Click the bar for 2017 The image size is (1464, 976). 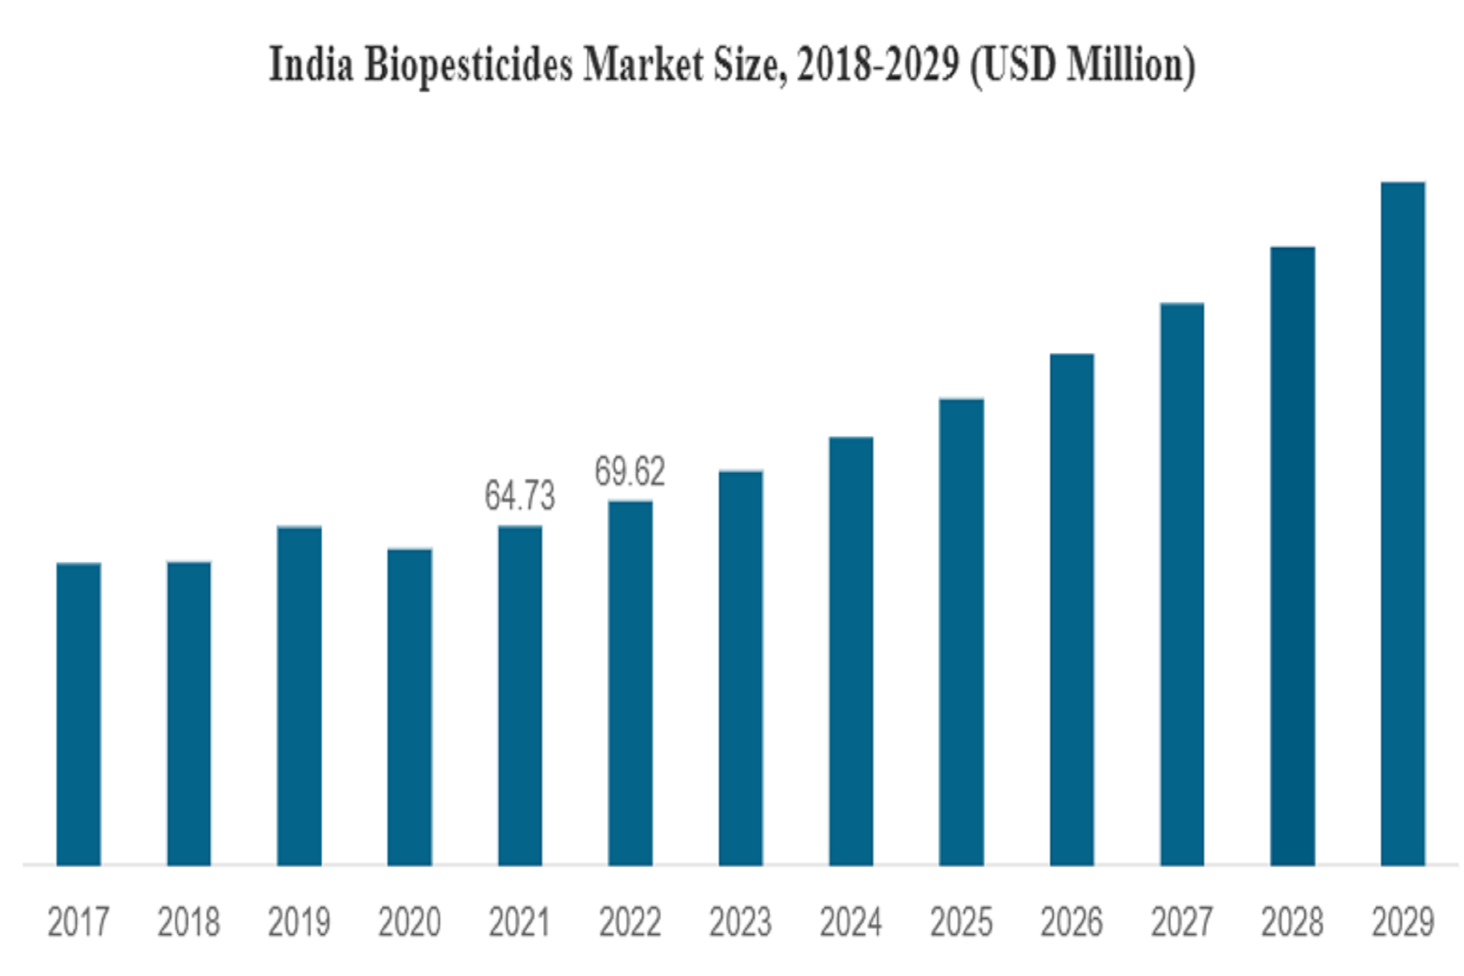(x=79, y=714)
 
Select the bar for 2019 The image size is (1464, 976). (x=299, y=695)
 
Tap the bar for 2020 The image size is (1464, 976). (x=409, y=707)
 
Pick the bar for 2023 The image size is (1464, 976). (x=740, y=668)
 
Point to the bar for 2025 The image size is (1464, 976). (x=962, y=632)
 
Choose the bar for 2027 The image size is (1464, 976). (x=1182, y=584)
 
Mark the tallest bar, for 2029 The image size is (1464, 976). (x=1402, y=524)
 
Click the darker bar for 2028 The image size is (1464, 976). (x=1292, y=556)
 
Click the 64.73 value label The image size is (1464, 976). (x=520, y=496)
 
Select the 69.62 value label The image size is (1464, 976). (x=630, y=471)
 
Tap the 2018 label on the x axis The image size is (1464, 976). (x=188, y=922)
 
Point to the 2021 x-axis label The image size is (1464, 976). (x=519, y=922)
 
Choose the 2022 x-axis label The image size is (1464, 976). (x=630, y=922)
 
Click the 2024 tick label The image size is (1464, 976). (x=851, y=922)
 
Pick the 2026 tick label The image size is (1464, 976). (x=1071, y=922)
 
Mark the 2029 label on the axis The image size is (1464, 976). (x=1402, y=922)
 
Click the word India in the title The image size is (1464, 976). (x=311, y=64)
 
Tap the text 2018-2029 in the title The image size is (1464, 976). (x=878, y=64)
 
